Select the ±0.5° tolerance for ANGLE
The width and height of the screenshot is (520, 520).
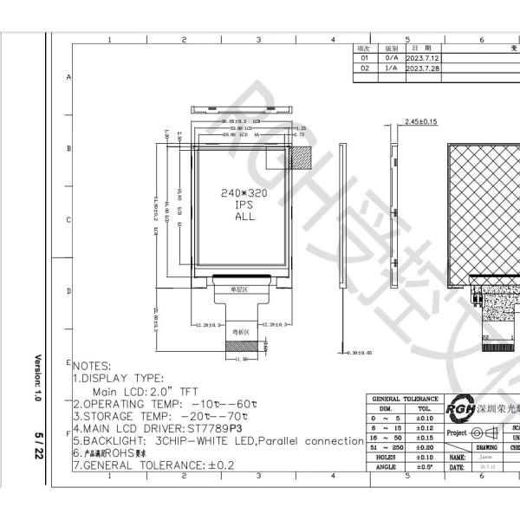pyautogui.click(x=425, y=467)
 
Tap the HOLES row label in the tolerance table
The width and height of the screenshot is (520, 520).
pyautogui.click(x=386, y=457)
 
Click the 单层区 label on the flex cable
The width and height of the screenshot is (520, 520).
pyautogui.click(x=239, y=289)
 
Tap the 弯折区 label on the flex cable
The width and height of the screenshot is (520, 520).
pyautogui.click(x=239, y=332)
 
